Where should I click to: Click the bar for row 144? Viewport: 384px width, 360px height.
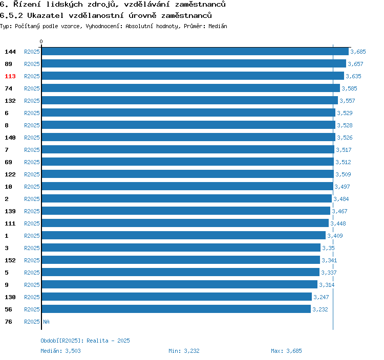coord(195,52)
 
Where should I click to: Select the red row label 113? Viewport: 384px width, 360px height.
coord(10,76)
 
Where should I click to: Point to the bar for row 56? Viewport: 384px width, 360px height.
coord(176,309)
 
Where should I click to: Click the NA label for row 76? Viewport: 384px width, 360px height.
coord(46,322)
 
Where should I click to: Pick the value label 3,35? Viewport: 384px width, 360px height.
coord(328,248)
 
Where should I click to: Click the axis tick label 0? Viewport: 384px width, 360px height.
coord(41,42)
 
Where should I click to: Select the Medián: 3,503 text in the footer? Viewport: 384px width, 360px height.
coord(60,351)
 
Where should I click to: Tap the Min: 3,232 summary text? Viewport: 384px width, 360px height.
coord(184,351)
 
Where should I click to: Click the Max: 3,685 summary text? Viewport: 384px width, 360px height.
coord(286,351)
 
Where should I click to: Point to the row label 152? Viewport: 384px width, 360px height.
coord(10,260)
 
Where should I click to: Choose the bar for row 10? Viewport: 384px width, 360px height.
coord(187,187)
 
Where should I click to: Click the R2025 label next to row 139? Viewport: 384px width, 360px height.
coord(32,211)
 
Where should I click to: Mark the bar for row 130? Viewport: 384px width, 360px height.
coord(177,297)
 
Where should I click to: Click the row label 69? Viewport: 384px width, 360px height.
coord(8,162)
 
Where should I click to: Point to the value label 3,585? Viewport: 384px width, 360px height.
coord(349,88)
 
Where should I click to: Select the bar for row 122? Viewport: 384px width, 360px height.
coord(187,174)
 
